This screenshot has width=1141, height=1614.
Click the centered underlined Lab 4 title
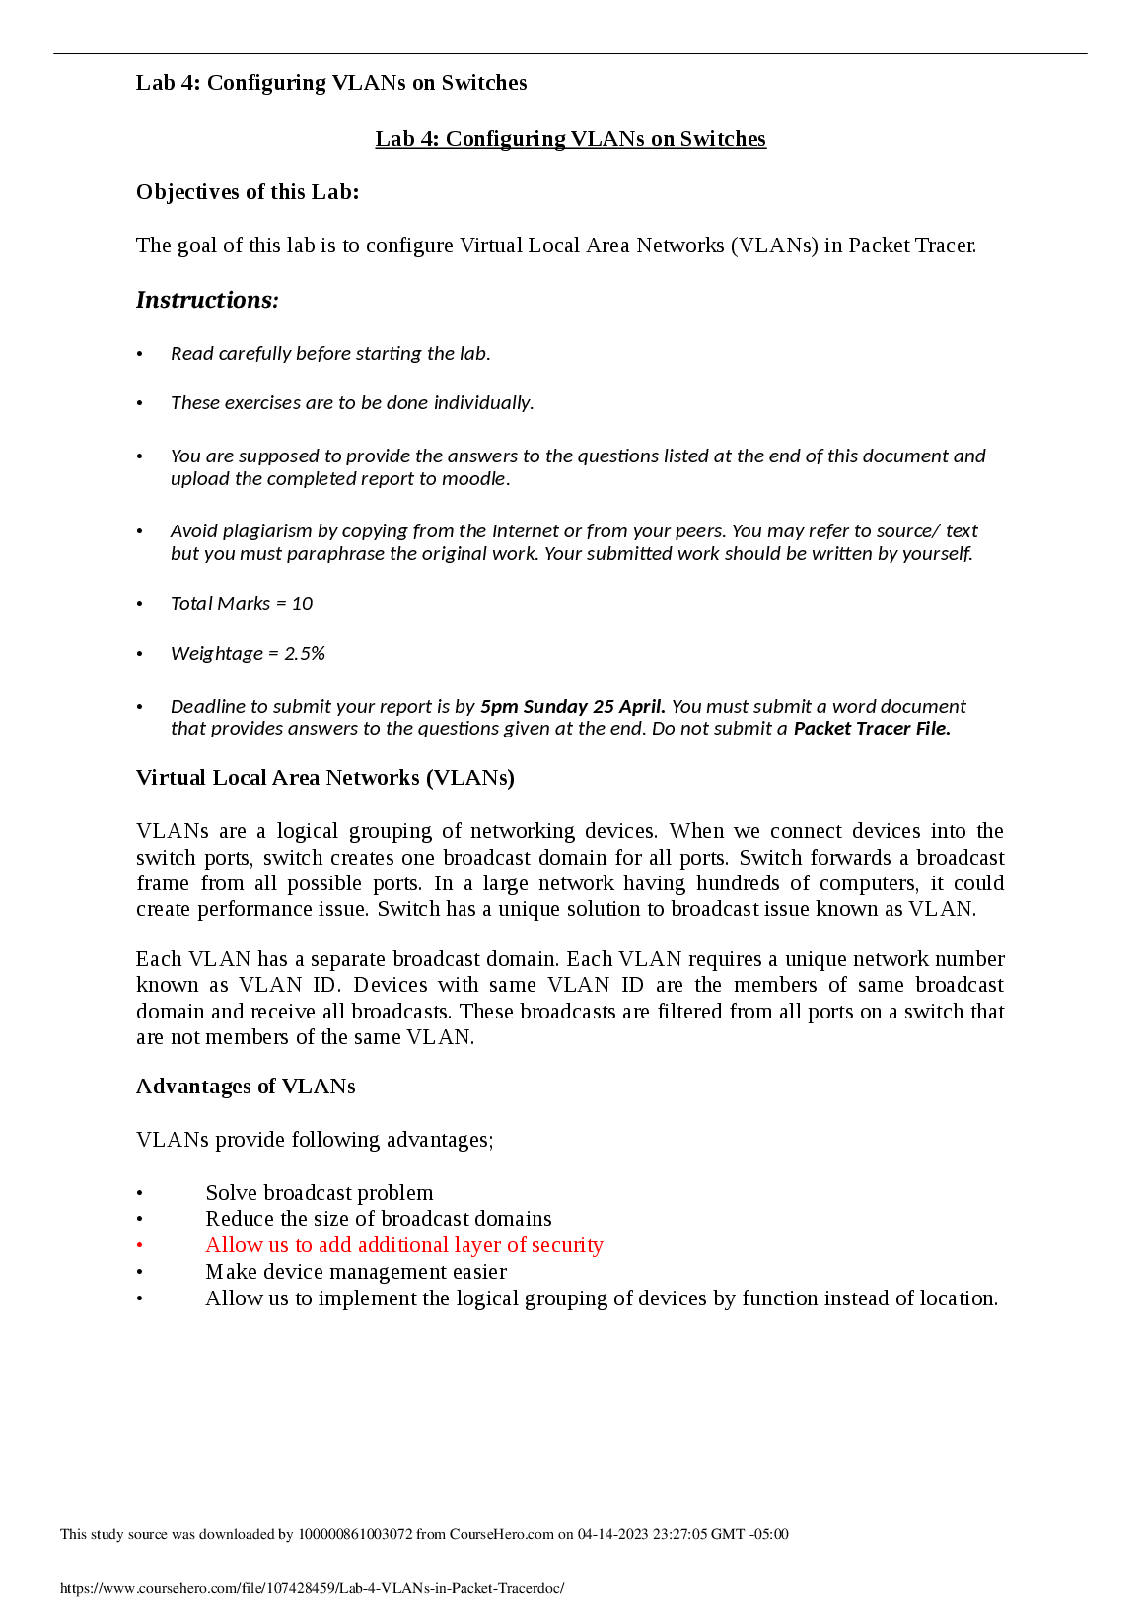coord(570,139)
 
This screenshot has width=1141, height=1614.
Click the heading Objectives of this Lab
coord(248,192)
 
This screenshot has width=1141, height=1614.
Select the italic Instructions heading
coord(207,300)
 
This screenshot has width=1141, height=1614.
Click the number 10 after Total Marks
coord(302,604)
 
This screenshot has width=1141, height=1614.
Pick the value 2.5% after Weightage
coord(305,654)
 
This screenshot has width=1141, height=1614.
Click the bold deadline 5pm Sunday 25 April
coord(572,707)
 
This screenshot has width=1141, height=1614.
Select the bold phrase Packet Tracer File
coord(872,729)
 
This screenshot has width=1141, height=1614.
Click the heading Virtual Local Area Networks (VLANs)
coord(325,778)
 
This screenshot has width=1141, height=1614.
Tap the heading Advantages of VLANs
coord(246,1087)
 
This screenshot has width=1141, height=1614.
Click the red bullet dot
coord(140,1246)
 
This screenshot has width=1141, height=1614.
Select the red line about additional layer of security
coord(404,1245)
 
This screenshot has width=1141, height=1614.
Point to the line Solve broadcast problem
coord(320,1193)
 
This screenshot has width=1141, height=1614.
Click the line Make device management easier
coord(356,1272)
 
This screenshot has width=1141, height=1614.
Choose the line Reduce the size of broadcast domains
coord(379,1219)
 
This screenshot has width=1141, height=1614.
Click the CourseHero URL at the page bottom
coord(312,1588)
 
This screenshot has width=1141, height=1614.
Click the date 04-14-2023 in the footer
coord(612,1534)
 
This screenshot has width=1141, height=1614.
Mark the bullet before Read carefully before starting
coord(140,354)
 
